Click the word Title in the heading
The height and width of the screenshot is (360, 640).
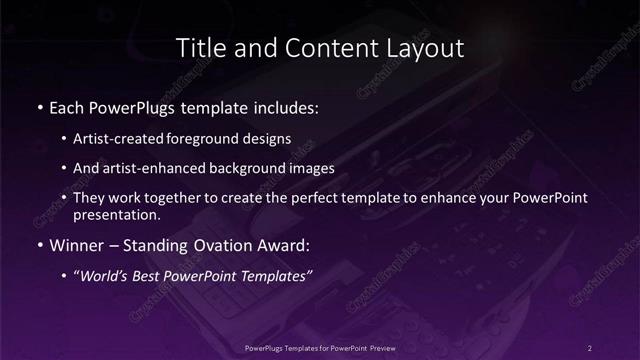click(198, 48)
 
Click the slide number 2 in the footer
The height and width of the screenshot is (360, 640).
click(590, 347)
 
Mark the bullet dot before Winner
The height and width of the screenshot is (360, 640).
click(38, 244)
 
